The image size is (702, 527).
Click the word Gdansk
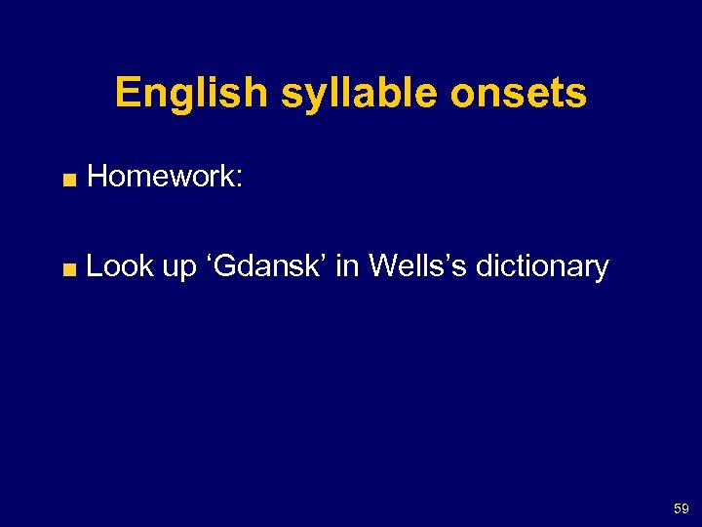[x=267, y=265]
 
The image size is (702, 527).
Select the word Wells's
[x=409, y=265]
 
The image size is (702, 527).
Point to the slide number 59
[x=680, y=509]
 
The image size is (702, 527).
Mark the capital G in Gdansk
[x=224, y=265]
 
